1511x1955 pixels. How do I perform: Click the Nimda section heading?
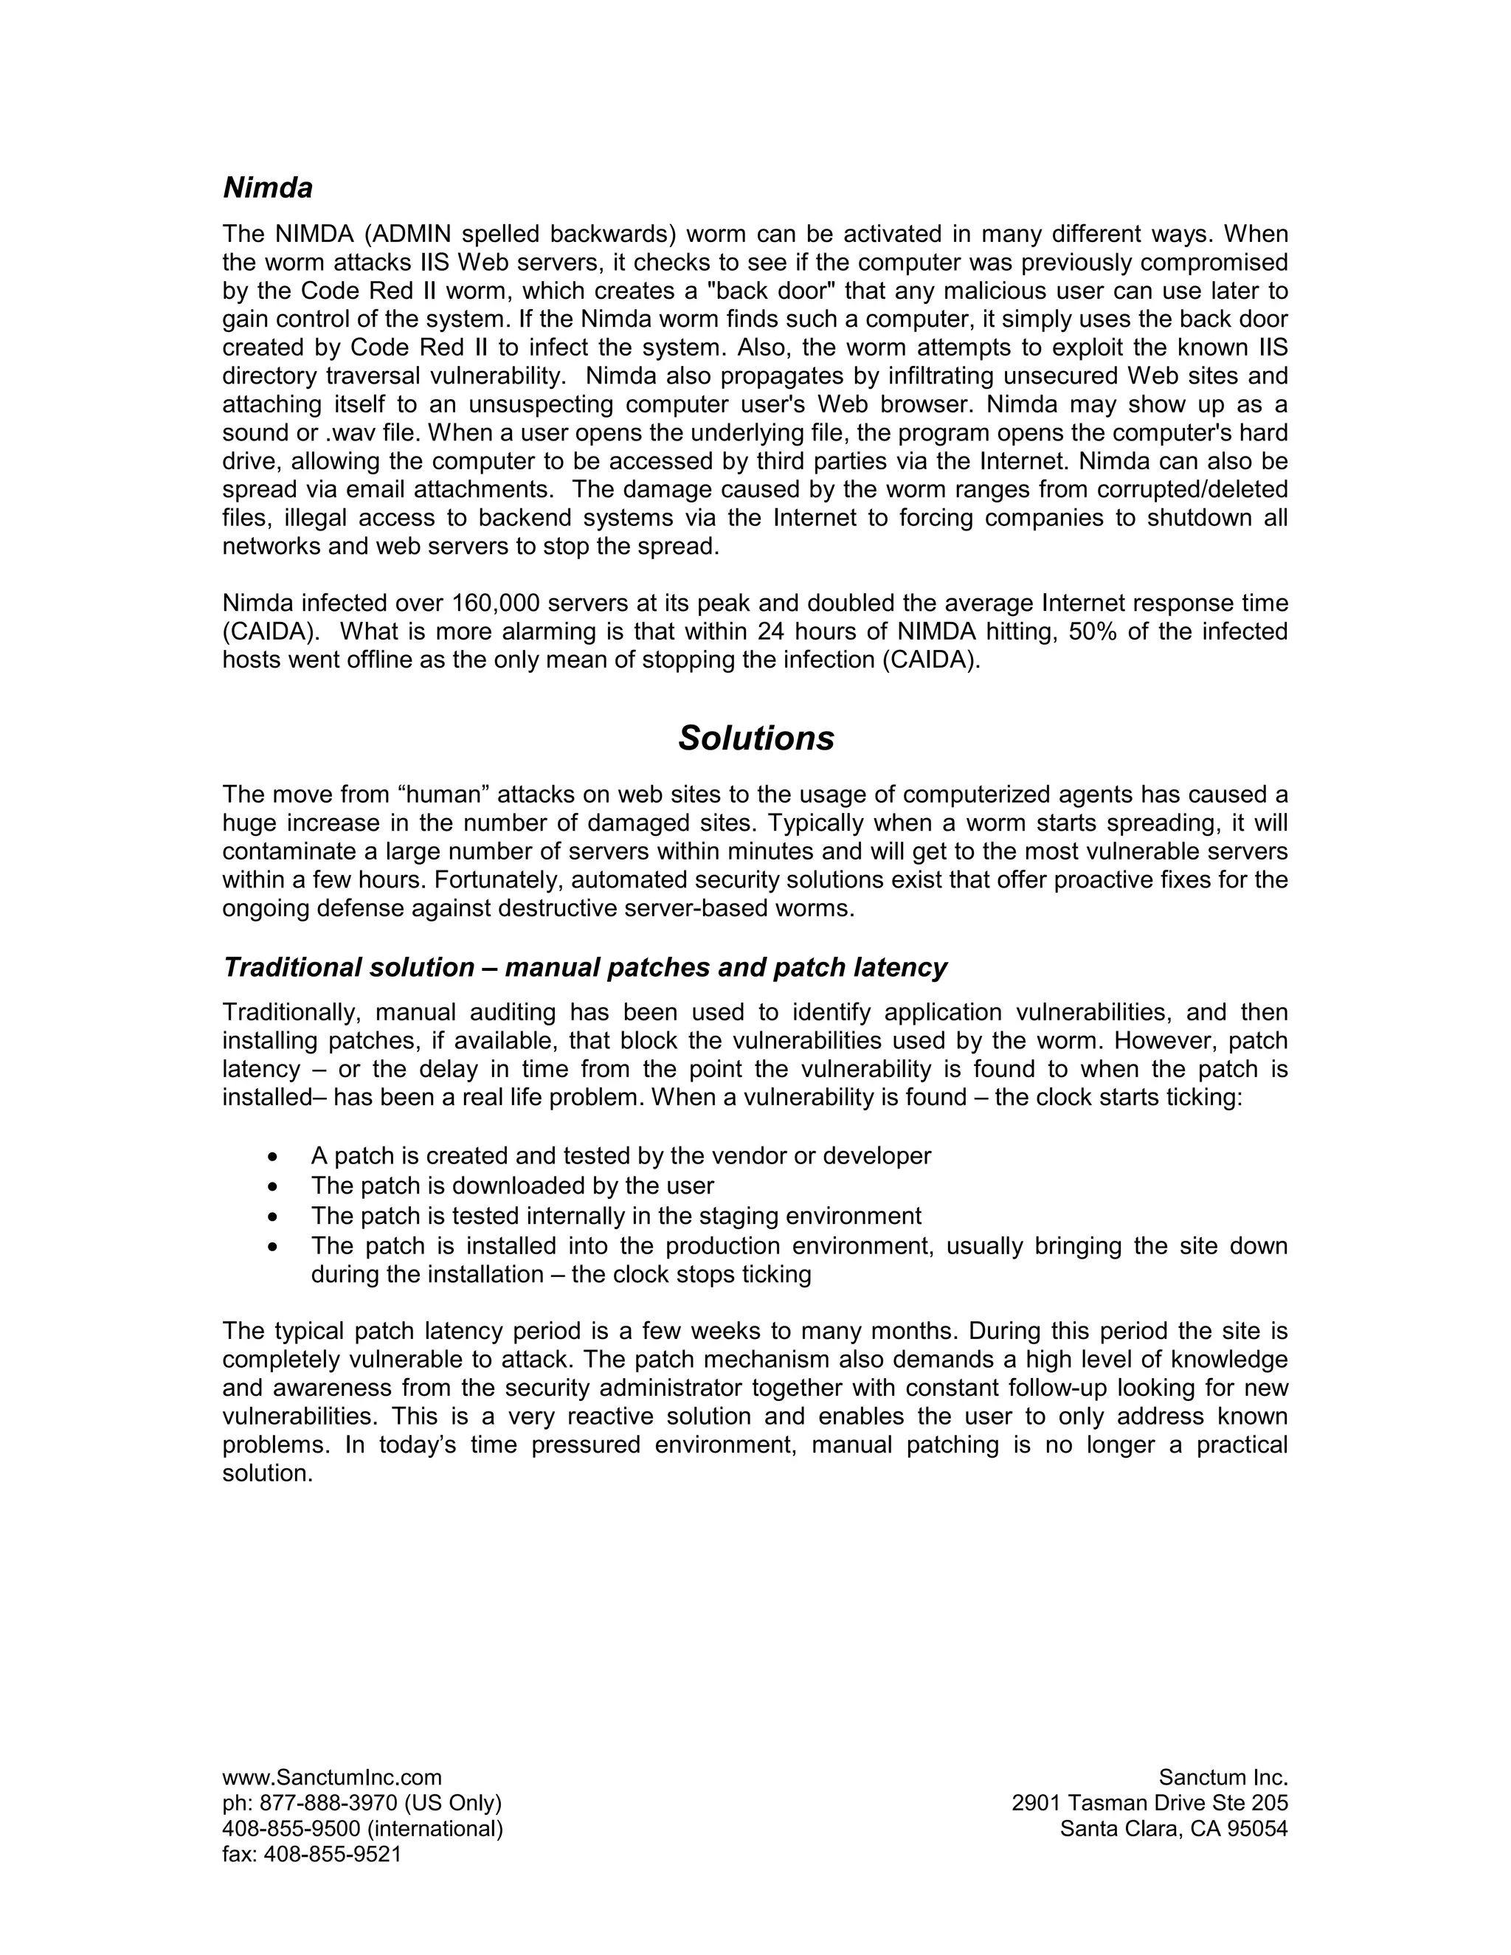[x=268, y=189]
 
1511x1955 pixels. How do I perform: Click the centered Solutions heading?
[x=755, y=738]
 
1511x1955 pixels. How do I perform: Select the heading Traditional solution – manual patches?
[x=584, y=968]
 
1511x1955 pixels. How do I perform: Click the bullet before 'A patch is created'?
[x=274, y=1157]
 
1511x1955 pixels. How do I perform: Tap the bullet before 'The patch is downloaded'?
[x=274, y=1187]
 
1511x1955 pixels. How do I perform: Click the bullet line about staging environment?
[x=616, y=1216]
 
